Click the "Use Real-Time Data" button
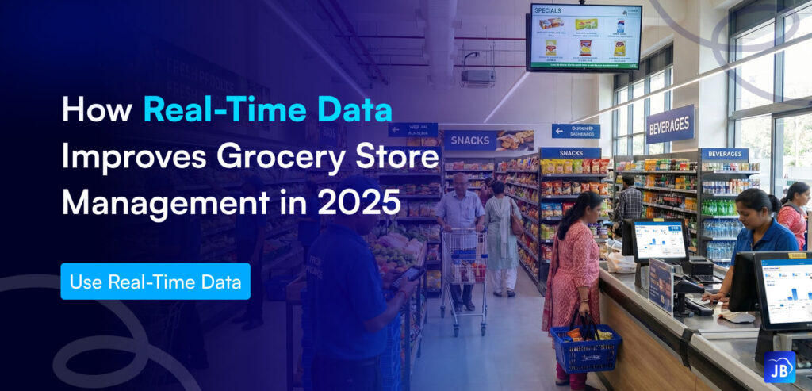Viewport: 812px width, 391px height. coord(155,282)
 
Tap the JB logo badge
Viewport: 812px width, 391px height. coord(780,367)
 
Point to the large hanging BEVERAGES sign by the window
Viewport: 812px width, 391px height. coord(670,125)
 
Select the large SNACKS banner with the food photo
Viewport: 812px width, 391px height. coord(488,140)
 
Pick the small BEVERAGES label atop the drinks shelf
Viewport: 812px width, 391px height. coord(723,155)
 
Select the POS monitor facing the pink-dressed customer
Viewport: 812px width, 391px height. coord(660,240)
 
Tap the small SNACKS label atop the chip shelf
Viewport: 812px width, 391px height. coord(569,153)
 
